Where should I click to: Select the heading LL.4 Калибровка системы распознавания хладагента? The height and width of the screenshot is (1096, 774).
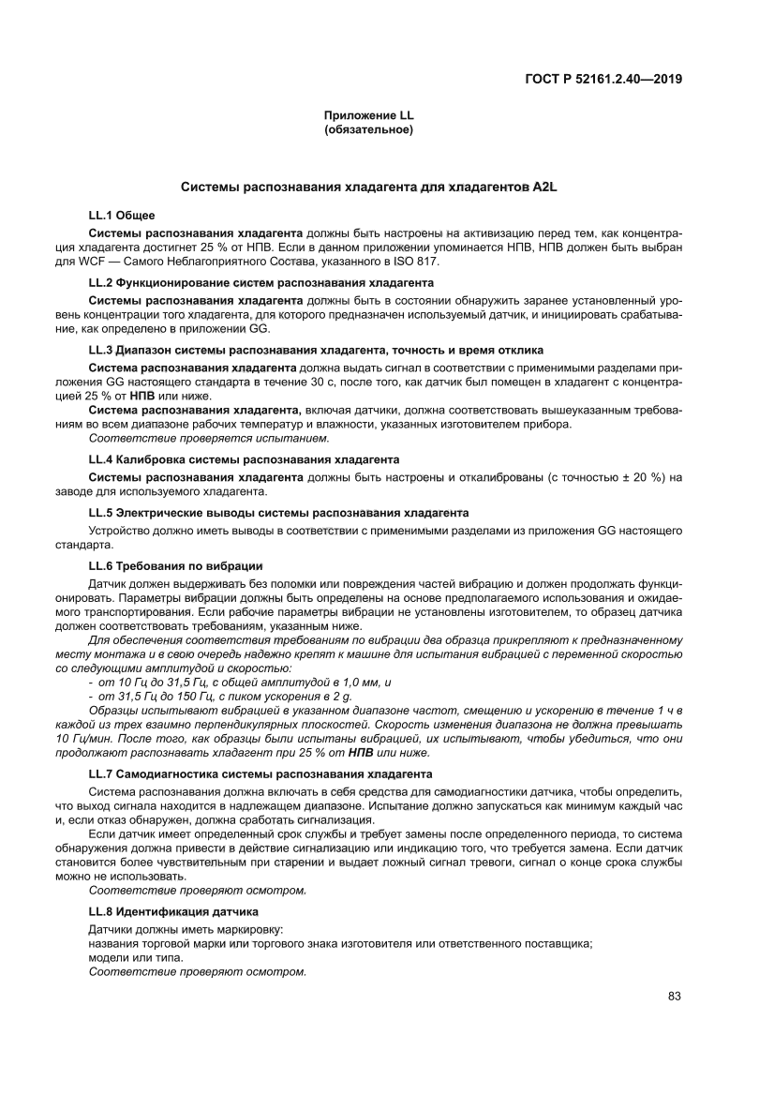coord(244,459)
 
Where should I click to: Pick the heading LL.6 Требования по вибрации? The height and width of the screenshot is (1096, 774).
coord(175,565)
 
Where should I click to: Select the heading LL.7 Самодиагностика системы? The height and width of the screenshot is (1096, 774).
coord(260,773)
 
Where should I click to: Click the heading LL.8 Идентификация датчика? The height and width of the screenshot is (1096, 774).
coord(173,910)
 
